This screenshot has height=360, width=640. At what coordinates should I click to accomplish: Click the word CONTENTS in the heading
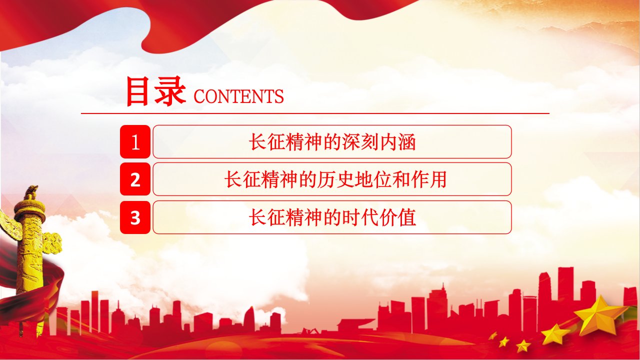click(x=238, y=96)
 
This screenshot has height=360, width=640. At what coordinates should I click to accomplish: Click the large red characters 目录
click(x=155, y=91)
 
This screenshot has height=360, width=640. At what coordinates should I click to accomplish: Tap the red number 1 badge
click(x=135, y=141)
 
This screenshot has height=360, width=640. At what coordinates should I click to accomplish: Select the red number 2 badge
click(x=135, y=179)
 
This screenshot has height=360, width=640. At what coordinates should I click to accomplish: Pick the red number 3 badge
click(x=135, y=217)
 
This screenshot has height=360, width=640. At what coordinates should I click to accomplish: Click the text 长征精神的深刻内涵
click(x=332, y=141)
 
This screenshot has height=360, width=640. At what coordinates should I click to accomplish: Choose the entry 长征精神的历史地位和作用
click(x=335, y=179)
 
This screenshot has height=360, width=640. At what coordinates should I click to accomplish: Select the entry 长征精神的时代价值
click(x=332, y=217)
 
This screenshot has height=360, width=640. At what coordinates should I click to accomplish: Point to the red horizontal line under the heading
click(x=315, y=113)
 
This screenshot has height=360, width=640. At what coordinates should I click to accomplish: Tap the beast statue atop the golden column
click(x=31, y=192)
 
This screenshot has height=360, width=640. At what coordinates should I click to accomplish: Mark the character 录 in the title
click(x=170, y=91)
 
